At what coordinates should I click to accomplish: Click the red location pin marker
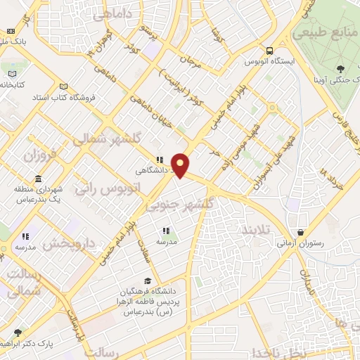[181, 165]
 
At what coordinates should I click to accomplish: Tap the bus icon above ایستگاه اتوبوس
[270, 50]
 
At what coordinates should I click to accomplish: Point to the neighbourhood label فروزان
[41, 153]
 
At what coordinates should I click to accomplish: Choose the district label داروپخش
[69, 244]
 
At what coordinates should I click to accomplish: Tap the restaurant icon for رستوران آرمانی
[301, 232]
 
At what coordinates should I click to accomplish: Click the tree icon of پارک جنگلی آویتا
[340, 68]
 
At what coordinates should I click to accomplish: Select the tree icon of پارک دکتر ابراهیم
[18, 333]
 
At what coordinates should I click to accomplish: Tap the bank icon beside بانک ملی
[10, 32]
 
